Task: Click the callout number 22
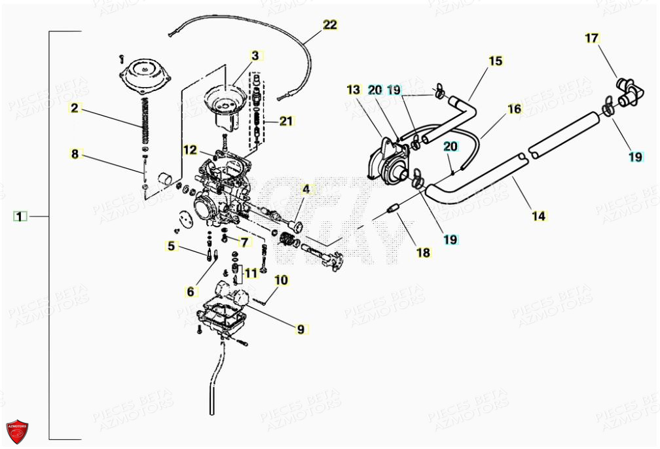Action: [x=330, y=25]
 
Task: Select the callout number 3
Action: [x=255, y=56]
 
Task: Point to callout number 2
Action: [x=75, y=108]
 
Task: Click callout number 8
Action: [x=75, y=154]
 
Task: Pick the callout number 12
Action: [x=190, y=150]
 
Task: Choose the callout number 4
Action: [x=305, y=190]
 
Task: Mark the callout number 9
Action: [x=301, y=329]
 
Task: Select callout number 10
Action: [x=281, y=281]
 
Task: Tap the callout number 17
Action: [x=592, y=38]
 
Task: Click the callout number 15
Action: [x=496, y=61]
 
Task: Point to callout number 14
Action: [x=539, y=215]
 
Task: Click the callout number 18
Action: [x=424, y=252]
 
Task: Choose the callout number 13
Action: [x=354, y=89]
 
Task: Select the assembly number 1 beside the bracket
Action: [x=20, y=216]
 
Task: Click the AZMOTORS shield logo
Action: [x=17, y=430]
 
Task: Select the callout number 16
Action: [x=515, y=109]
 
